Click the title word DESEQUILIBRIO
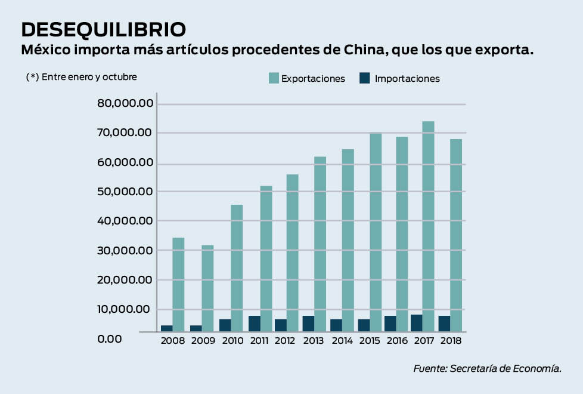coord(103,29)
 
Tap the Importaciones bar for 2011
coord(255,324)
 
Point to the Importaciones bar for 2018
coord(444,324)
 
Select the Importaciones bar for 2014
coord(336,325)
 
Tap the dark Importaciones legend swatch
coord(365,78)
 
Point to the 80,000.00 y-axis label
coord(125,104)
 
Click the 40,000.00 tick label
coord(125,221)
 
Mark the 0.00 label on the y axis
coord(110,338)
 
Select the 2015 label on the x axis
coord(370,340)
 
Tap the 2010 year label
coord(232,340)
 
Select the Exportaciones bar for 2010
coord(237,268)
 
